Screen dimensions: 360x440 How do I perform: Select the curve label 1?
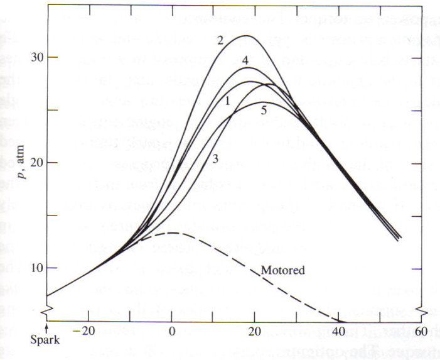coord(228,101)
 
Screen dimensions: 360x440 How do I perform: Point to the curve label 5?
coord(264,111)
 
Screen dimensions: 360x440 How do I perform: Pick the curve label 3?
coord(215,160)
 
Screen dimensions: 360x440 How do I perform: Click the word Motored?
coord(282,271)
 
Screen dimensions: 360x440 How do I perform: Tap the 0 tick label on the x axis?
coord(172,333)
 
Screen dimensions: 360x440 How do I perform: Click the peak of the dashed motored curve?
coord(171,233)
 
